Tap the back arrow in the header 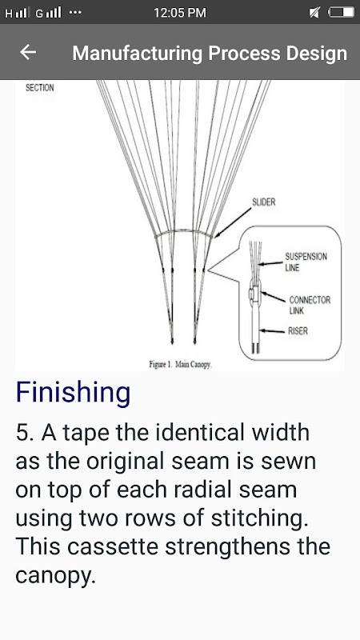28,52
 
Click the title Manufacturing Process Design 210,54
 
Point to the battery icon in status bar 342,13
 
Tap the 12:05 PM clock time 180,13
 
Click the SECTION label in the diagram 39,88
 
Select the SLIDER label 264,202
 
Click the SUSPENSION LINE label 306,262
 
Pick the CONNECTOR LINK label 310,306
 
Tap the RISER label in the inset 298,331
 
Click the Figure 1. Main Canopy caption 180,365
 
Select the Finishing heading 73,392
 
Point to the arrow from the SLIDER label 233,222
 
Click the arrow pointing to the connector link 273,297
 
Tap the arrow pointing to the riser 272,331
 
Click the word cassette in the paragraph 113,547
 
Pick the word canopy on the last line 55,576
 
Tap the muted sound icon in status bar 314,13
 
